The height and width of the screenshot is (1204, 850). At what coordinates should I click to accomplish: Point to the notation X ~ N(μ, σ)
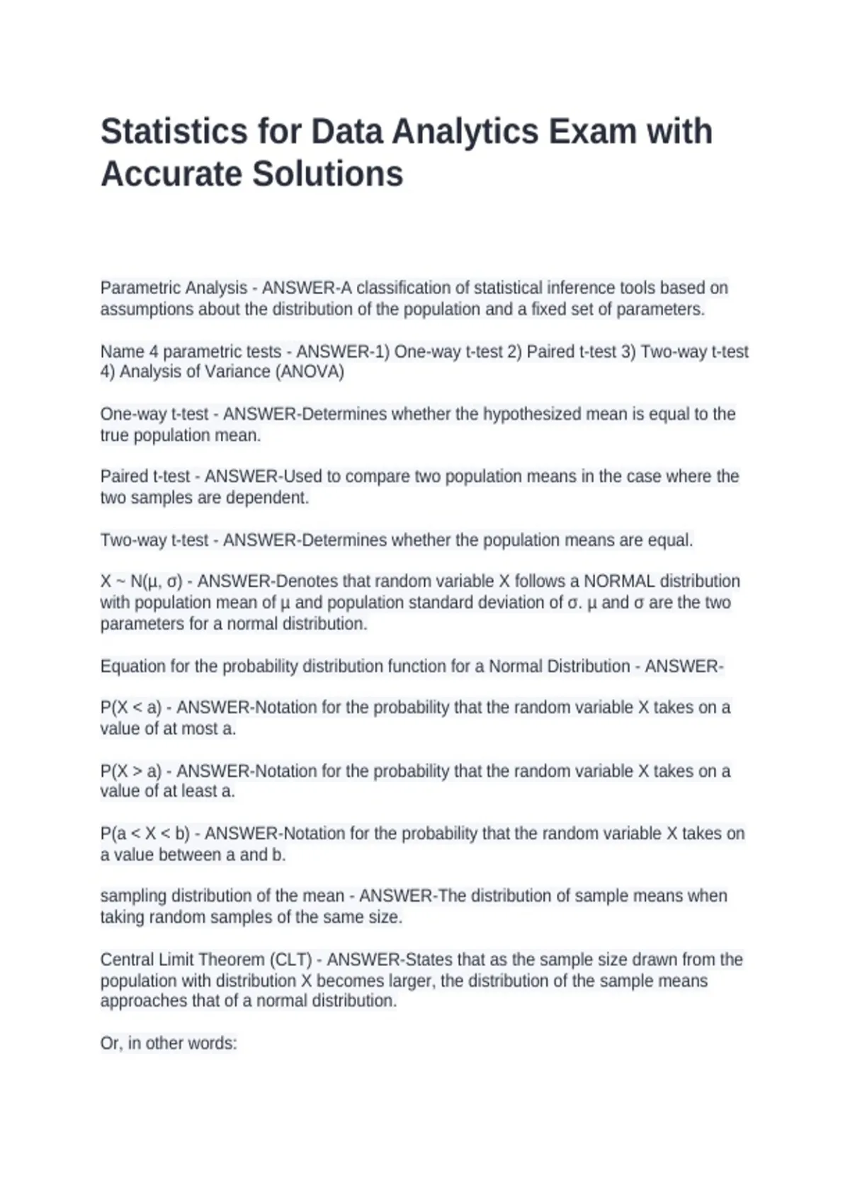coord(142,581)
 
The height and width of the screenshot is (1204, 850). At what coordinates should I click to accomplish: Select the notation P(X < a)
coord(131,708)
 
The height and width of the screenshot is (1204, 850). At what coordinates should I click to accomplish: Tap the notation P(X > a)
coord(131,771)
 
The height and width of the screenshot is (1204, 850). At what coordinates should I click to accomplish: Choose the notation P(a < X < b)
coord(145,834)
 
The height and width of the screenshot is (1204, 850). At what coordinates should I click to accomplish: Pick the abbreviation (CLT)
coord(290,960)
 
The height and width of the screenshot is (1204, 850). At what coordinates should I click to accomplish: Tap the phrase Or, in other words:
coord(169,1043)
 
